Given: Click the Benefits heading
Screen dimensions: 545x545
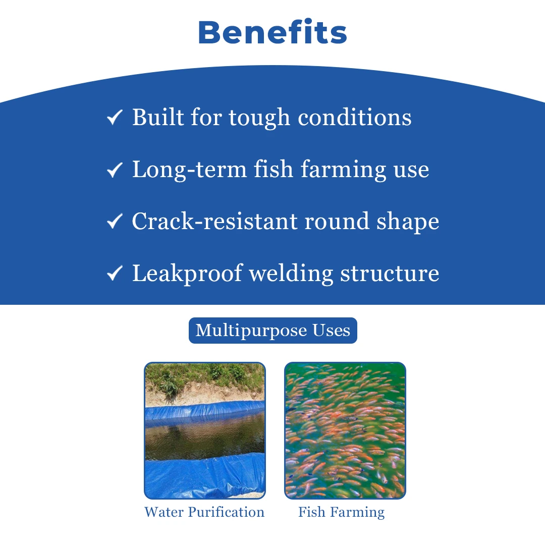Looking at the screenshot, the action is click(272, 32).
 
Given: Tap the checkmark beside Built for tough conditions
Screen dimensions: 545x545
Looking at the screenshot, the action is click(115, 117).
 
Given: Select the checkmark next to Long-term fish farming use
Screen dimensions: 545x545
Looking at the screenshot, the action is click(115, 170).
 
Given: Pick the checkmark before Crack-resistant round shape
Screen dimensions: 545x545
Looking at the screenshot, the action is click(115, 221).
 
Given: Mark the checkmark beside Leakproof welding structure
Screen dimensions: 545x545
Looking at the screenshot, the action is click(115, 273).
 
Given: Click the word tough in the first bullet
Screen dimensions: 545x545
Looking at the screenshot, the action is click(259, 118).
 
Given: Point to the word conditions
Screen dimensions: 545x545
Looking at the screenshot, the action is click(355, 117).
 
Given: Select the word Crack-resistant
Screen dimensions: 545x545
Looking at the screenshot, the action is click(214, 221).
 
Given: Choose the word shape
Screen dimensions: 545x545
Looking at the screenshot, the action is click(408, 222).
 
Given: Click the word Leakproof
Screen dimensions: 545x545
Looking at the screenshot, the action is click(187, 274).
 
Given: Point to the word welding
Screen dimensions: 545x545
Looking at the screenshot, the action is click(291, 274).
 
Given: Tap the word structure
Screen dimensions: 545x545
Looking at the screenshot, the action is click(389, 274).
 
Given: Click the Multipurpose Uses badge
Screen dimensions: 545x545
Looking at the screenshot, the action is click(273, 331).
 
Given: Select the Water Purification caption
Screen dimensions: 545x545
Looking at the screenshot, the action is click(204, 512).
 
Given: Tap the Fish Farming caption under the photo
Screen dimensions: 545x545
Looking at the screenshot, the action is click(341, 512).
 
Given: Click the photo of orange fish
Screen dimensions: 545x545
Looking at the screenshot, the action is click(345, 430).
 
